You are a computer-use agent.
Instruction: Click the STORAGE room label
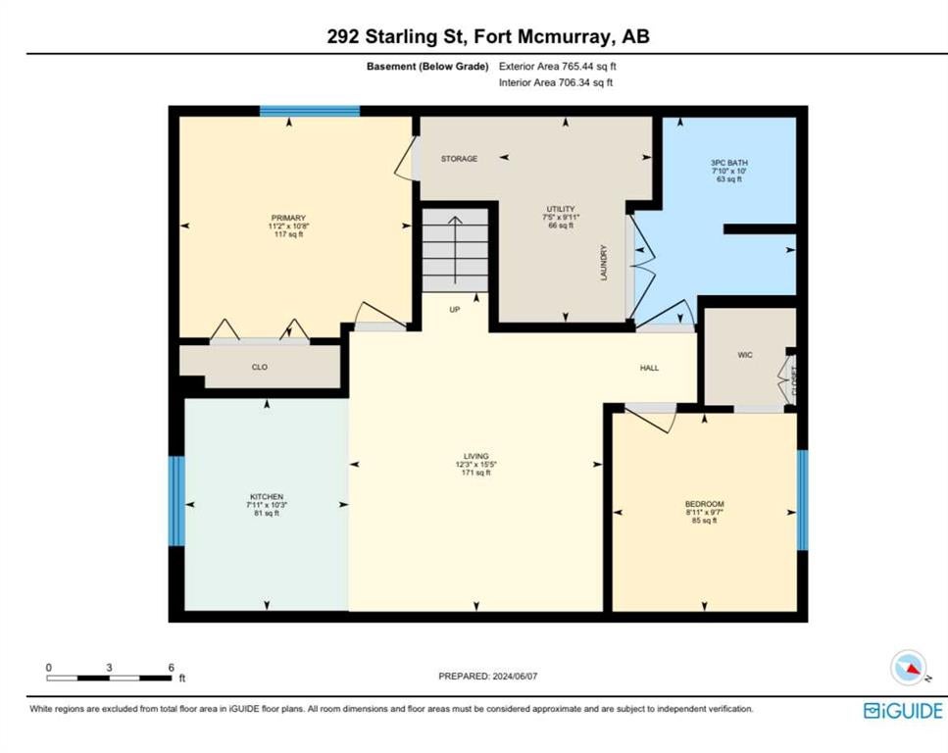coord(459,159)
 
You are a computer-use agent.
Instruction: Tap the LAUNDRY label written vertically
coord(603,263)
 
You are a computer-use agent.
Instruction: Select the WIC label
coord(745,355)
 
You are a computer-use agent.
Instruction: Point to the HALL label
coord(649,368)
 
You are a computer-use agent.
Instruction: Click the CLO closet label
coord(260,367)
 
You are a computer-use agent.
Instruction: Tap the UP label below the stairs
coord(455,310)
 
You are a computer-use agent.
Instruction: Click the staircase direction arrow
coord(455,249)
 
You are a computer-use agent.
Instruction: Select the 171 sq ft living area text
coord(475,473)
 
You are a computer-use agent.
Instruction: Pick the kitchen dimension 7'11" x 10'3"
coord(267,505)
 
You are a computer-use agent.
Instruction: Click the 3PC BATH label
coord(729,163)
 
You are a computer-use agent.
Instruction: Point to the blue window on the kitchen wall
coord(175,501)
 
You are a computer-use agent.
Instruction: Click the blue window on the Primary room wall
coord(310,111)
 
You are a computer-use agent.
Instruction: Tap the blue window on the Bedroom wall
coord(802,500)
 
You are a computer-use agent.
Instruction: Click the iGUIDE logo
coord(903,711)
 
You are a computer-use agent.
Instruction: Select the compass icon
coord(909,667)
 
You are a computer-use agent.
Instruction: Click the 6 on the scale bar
coord(172,668)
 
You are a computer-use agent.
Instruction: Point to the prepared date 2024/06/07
coord(515,677)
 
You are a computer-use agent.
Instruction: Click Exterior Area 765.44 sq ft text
coord(558,67)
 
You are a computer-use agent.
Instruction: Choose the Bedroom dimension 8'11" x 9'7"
coord(704,512)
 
